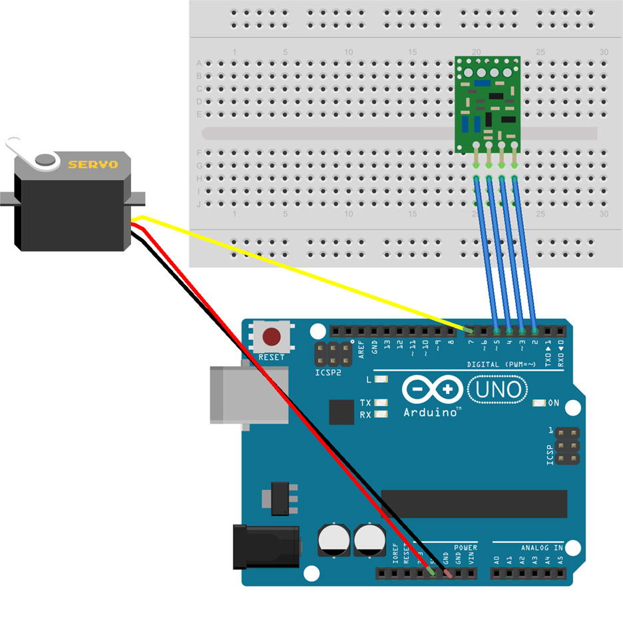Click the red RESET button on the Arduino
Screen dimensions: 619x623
[272, 335]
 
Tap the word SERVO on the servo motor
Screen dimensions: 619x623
[93, 164]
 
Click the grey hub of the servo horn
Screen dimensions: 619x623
[45, 159]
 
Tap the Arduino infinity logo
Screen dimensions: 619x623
[432, 389]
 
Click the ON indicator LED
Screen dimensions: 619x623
[538, 403]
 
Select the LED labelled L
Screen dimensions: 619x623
[381, 379]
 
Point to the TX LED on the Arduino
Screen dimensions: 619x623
[381, 403]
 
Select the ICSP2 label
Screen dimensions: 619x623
[328, 373]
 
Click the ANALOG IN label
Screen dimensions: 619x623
[542, 548]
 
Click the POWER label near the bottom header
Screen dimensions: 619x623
[466, 548]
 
